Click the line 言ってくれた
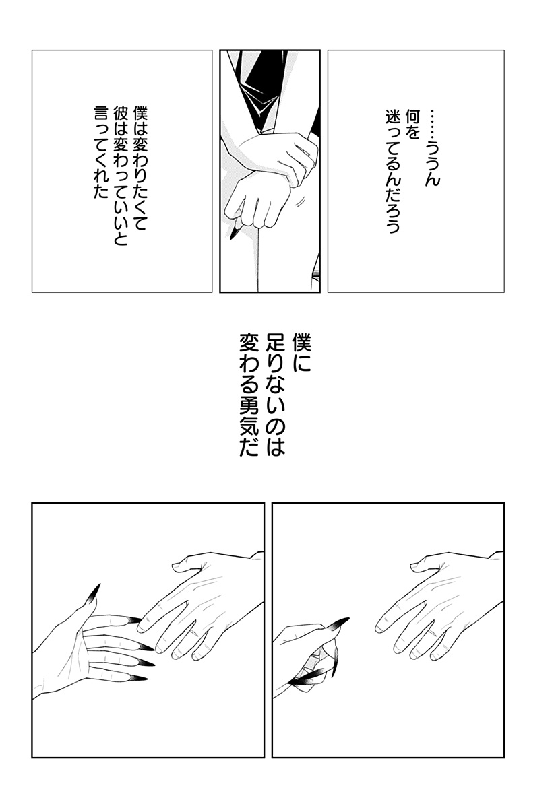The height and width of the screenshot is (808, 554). click(x=101, y=152)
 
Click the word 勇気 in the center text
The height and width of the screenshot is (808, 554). click(x=249, y=415)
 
